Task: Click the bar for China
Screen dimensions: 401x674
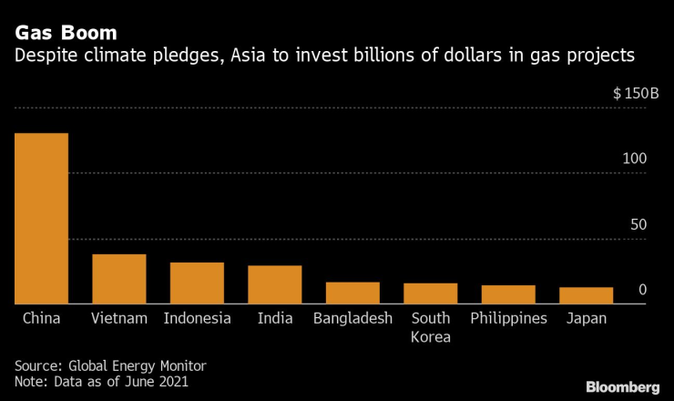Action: [41, 219]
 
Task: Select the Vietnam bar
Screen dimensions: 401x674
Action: [119, 279]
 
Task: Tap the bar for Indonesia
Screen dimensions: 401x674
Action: [197, 283]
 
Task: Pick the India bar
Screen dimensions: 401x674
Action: [275, 284]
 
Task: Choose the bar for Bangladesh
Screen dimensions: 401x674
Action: [352, 293]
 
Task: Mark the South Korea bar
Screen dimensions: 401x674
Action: [431, 293]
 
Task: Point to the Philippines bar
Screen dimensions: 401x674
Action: [508, 294]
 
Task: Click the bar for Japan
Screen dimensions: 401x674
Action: [586, 295]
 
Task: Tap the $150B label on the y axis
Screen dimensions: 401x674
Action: [629, 94]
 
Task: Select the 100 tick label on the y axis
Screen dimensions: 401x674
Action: [634, 159]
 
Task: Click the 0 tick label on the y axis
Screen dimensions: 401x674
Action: [642, 290]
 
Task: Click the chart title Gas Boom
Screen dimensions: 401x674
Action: [65, 33]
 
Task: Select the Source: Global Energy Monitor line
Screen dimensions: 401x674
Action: [110, 365]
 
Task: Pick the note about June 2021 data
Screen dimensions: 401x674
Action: [101, 382]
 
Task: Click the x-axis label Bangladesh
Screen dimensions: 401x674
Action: [352, 318]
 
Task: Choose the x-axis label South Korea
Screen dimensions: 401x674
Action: [431, 327]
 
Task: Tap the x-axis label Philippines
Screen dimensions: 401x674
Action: [508, 318]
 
